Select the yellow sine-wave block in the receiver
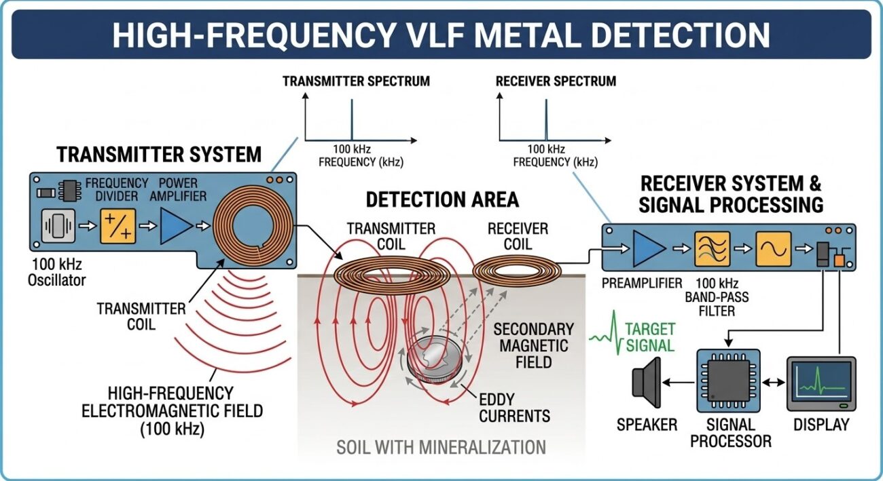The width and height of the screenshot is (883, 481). coord(774,248)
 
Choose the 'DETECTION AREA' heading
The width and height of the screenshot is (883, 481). coord(442,199)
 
